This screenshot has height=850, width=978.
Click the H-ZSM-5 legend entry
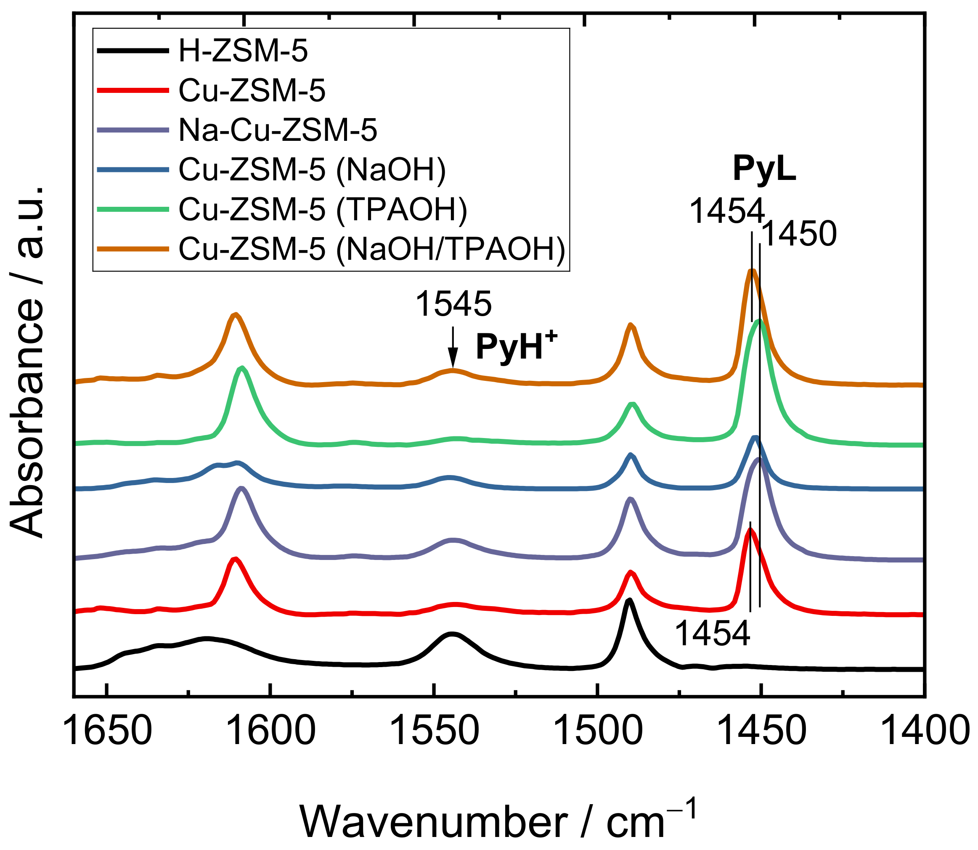point(243,51)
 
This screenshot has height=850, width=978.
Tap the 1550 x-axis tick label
point(434,731)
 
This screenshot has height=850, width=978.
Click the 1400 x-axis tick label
point(925,731)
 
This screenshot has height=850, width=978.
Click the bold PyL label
point(764,169)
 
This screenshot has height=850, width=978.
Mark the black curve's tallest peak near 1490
point(629,600)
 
